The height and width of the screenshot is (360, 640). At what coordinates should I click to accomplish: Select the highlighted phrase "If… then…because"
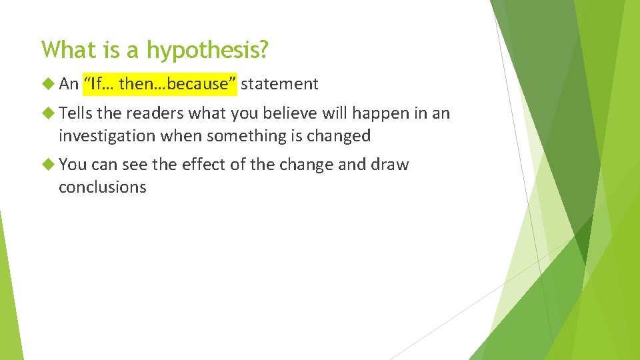[x=160, y=83]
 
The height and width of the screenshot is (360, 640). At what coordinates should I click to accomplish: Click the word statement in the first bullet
[x=279, y=83]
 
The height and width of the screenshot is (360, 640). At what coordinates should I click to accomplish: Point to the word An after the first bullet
[x=69, y=83]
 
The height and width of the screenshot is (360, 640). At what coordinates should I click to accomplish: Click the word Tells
[x=75, y=113]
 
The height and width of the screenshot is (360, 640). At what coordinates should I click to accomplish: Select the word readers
[x=159, y=113]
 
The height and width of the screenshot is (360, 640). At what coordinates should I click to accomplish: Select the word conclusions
[x=102, y=187]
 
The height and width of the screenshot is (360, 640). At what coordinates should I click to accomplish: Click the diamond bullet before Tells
[x=47, y=113]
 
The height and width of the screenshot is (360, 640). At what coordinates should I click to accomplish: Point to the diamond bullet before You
[x=47, y=164]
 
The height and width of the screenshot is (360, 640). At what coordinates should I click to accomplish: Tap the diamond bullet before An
[x=47, y=83]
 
